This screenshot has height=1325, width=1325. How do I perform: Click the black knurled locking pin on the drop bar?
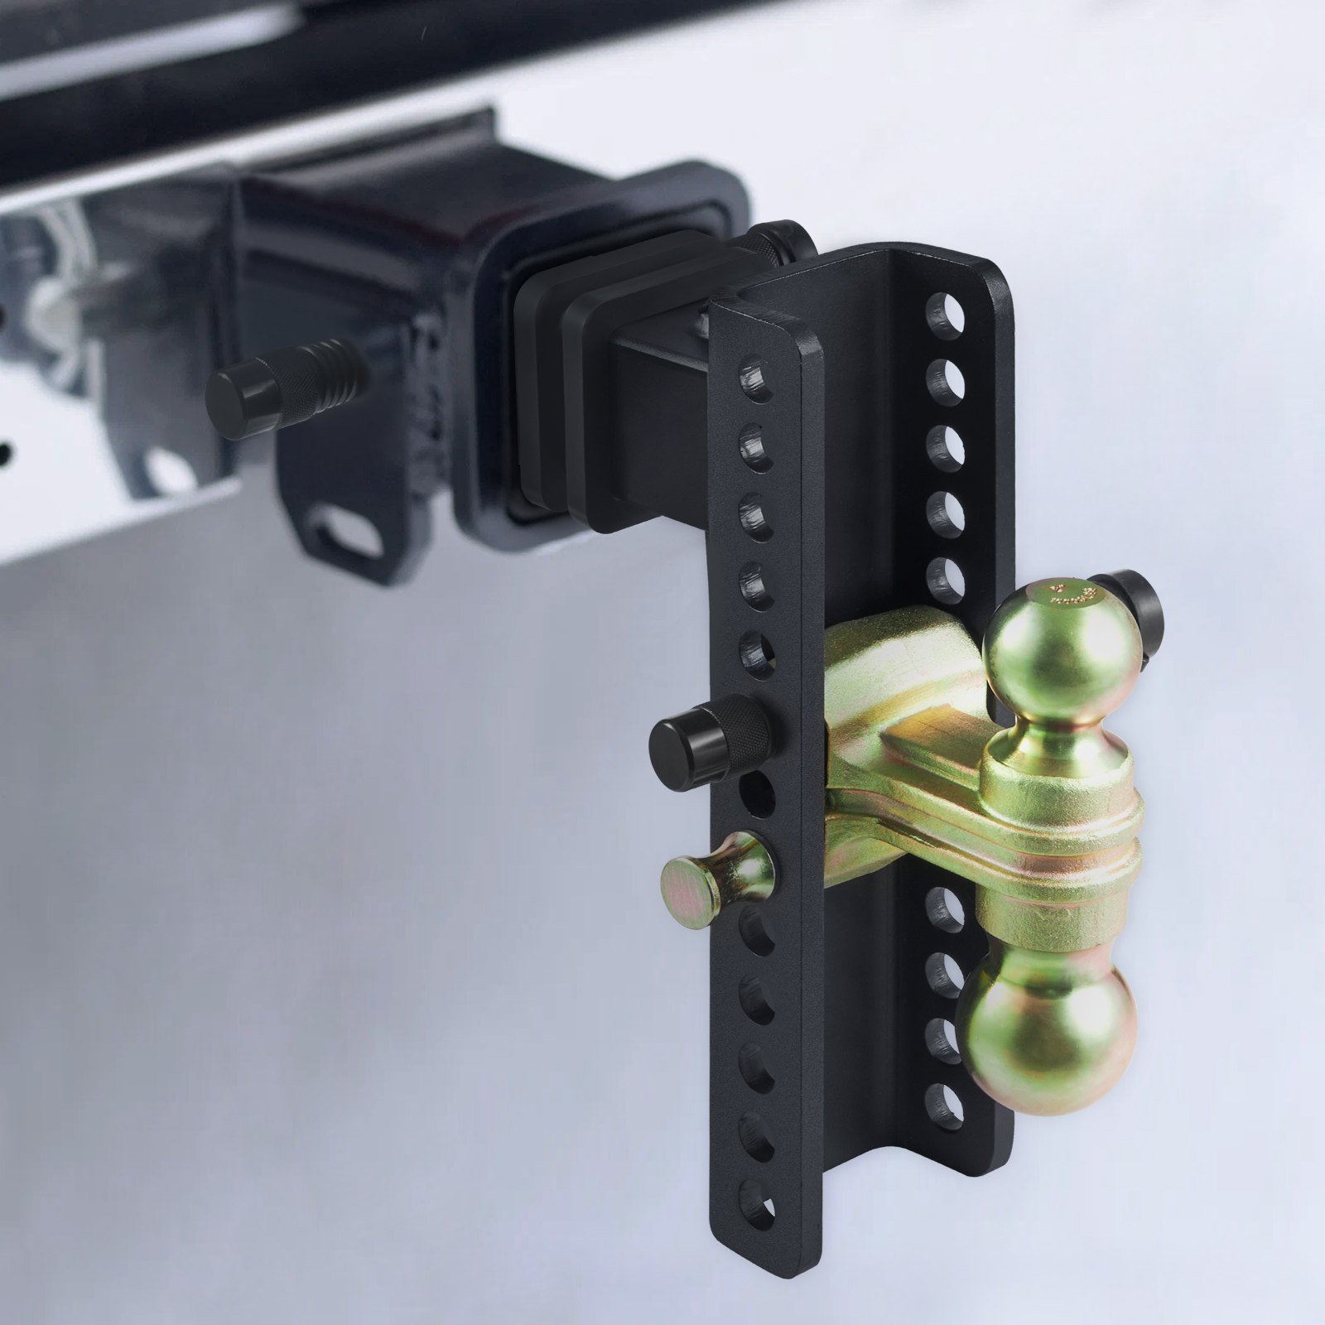tap(712, 734)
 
